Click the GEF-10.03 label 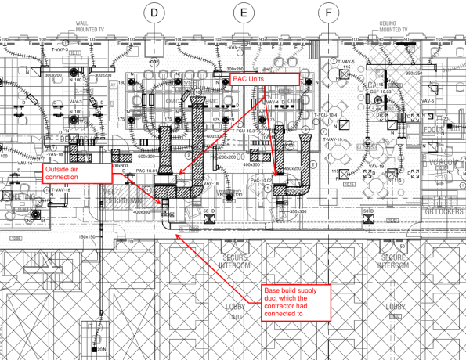click(x=380, y=92)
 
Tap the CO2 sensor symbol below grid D click(x=155, y=62)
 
